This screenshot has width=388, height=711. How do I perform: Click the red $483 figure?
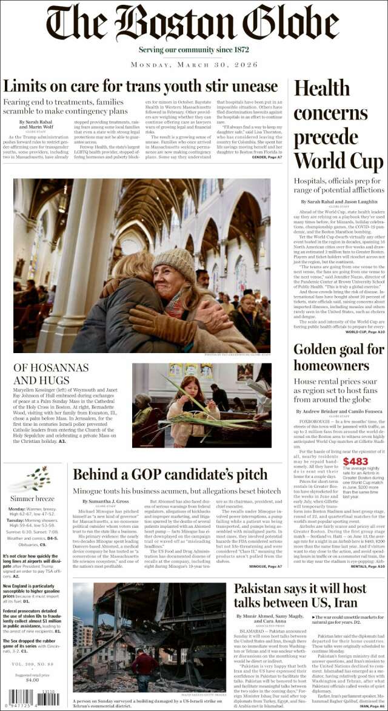pyautogui.click(x=355, y=462)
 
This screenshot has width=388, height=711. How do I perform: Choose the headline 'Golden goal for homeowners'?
pyautogui.click(x=338, y=357)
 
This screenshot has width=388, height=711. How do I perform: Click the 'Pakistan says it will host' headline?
pyautogui.click(x=300, y=597)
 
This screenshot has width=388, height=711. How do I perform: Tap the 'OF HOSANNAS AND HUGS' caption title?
pyautogui.click(x=51, y=374)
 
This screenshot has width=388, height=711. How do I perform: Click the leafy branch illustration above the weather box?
pyautogui.click(x=37, y=478)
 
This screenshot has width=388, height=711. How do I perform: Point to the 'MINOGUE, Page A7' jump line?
pyautogui.click(x=266, y=566)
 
